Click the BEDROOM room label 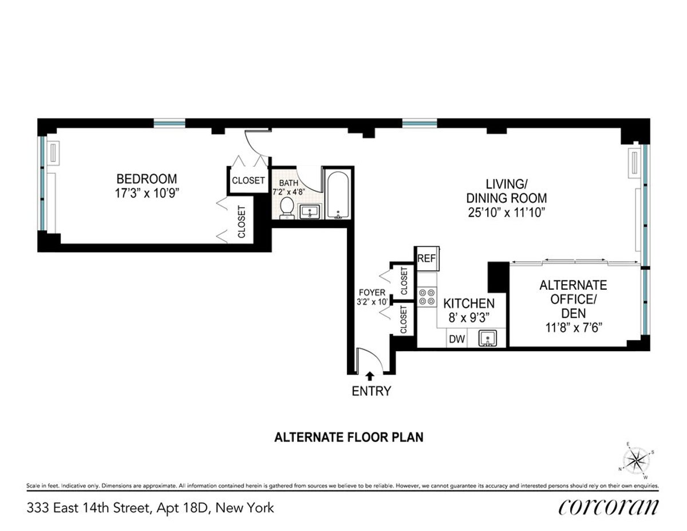[147, 179]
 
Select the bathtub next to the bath [337, 195]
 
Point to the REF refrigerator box [426, 258]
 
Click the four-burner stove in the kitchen [427, 297]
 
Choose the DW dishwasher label [456, 339]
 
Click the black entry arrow [370, 376]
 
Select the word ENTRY [372, 391]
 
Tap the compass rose [636, 459]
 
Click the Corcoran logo [608, 507]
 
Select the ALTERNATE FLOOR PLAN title [349, 438]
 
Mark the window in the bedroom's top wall [169, 123]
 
